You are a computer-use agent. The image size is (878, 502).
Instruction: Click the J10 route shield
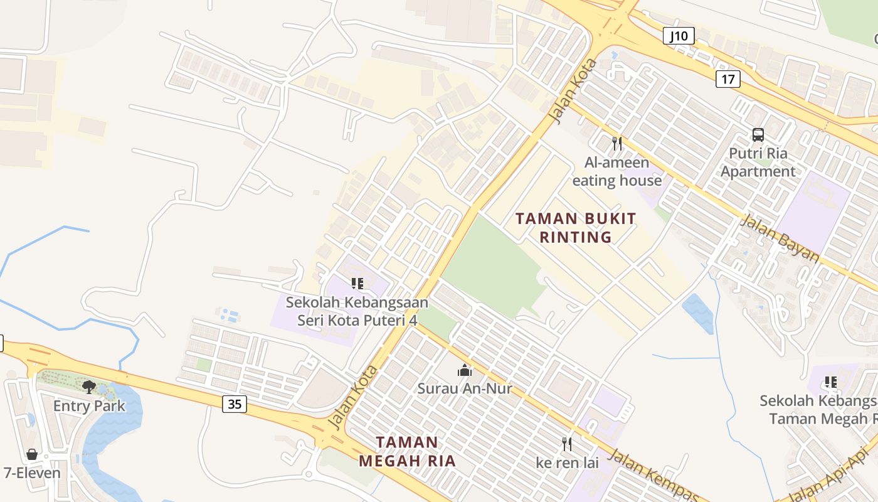pyautogui.click(x=679, y=36)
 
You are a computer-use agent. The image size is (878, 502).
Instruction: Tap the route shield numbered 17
pyautogui.click(x=727, y=79)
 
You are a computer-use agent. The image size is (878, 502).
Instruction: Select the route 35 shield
pyautogui.click(x=235, y=404)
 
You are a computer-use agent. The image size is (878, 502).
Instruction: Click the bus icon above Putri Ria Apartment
pyautogui.click(x=758, y=134)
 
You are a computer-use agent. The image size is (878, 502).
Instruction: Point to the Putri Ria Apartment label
pyautogui.click(x=758, y=163)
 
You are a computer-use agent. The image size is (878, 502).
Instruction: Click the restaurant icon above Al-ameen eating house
pyautogui.click(x=617, y=144)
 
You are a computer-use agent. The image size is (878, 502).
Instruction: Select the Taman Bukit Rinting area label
pyautogui.click(x=576, y=227)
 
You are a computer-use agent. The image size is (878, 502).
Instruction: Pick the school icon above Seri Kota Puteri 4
pyautogui.click(x=357, y=284)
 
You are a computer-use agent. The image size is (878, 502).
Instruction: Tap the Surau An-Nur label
pyautogui.click(x=465, y=388)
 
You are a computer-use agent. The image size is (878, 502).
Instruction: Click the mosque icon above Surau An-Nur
pyautogui.click(x=465, y=370)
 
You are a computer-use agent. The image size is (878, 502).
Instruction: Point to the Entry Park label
pyautogui.click(x=89, y=405)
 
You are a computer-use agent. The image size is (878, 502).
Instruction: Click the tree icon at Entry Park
pyautogui.click(x=89, y=387)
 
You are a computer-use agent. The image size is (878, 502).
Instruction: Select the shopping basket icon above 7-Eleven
pyautogui.click(x=32, y=454)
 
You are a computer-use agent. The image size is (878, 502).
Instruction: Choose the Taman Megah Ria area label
pyautogui.click(x=407, y=451)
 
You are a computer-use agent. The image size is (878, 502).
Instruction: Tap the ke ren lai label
pyautogui.click(x=567, y=463)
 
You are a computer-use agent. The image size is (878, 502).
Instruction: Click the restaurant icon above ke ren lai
pyautogui.click(x=567, y=444)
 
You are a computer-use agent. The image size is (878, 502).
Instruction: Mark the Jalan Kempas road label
pyautogui.click(x=652, y=474)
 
